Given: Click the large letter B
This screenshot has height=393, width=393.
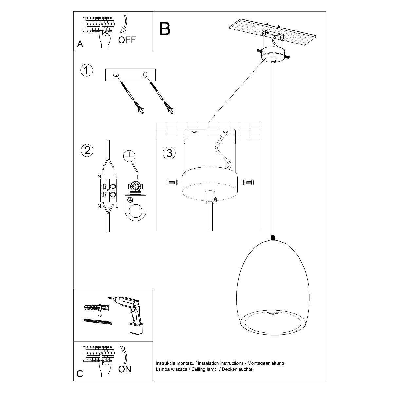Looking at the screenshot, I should [x=165, y=28].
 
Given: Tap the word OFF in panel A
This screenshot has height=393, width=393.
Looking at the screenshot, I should [x=127, y=40].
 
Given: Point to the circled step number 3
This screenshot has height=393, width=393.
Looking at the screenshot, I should [x=169, y=153].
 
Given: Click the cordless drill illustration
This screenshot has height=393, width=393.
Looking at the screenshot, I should [x=132, y=315].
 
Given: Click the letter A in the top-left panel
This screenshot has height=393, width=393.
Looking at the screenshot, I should [x=80, y=44].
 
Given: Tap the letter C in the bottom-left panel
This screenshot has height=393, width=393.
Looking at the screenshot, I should [x=80, y=374].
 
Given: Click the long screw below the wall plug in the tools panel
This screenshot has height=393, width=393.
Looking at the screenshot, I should [x=98, y=322].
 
